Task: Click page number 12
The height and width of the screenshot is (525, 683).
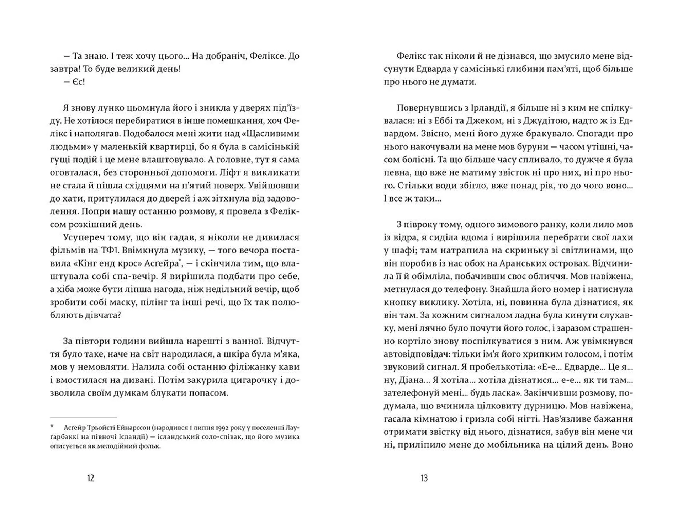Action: (x=90, y=478)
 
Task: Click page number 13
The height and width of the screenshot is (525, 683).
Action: (x=424, y=478)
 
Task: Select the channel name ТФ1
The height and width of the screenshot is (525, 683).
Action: (x=104, y=250)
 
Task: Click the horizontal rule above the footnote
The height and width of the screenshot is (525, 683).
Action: (x=83, y=417)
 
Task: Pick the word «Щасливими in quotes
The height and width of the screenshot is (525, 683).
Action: (x=275, y=134)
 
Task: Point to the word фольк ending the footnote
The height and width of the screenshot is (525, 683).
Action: (x=151, y=446)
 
